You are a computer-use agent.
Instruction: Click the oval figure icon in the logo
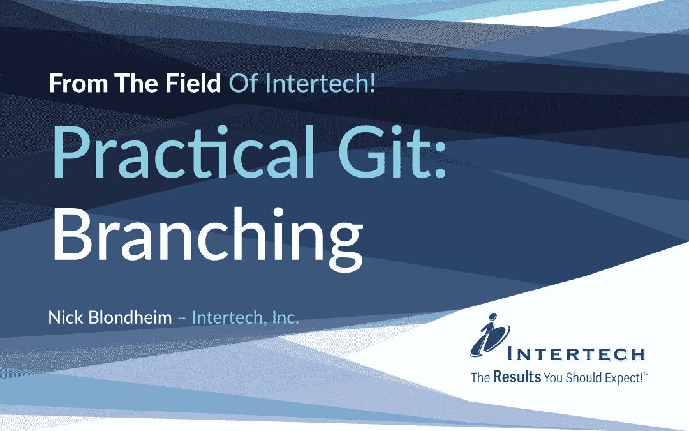coord(491,338)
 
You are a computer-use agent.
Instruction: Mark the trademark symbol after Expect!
coord(646,374)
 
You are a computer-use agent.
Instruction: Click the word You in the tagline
coord(552,377)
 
